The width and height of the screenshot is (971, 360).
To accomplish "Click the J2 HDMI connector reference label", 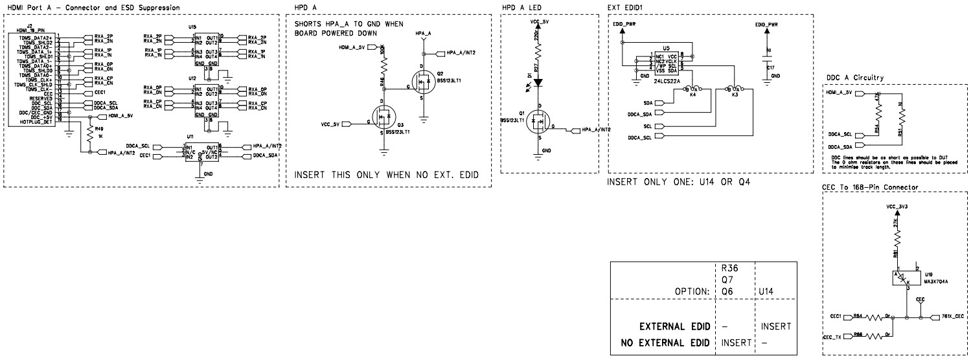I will click(30, 25).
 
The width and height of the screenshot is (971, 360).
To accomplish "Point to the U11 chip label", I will click(190, 137).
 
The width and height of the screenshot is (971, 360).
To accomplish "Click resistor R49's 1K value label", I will click(100, 137).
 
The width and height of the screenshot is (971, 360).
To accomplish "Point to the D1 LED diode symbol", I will click(537, 83).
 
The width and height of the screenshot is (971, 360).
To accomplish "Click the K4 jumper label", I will click(693, 95).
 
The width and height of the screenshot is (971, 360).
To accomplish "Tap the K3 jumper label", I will click(735, 95).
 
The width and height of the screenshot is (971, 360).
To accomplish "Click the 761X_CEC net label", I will click(951, 317).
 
